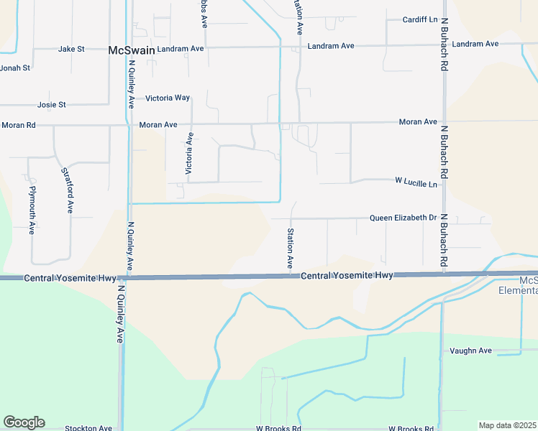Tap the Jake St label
71,49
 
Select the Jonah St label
15,68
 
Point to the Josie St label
52,105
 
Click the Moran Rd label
18,125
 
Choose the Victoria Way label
168,98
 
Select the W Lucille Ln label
416,184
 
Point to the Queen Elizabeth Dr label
403,218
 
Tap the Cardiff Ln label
420,19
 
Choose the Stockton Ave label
88,427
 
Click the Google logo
24,422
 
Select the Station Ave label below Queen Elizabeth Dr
291,249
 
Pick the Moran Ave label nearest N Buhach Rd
419,122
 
